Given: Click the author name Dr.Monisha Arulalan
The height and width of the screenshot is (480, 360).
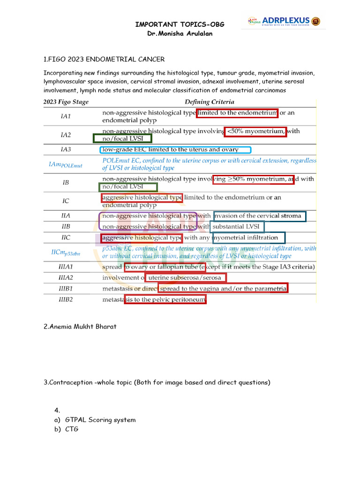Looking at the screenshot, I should pyautogui.click(x=177, y=34).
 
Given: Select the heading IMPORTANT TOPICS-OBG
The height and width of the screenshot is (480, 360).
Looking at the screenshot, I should pyautogui.click(x=177, y=24).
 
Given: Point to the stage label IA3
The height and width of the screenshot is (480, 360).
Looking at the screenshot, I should pyautogui.click(x=66, y=150).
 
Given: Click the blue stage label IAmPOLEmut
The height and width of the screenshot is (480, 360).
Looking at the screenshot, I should pyautogui.click(x=65, y=164).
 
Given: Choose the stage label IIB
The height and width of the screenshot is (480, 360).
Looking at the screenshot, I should pyautogui.click(x=66, y=226).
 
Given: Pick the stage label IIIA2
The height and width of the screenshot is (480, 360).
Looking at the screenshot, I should pyautogui.click(x=66, y=277).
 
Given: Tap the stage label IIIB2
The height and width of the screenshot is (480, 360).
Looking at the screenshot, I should pyautogui.click(x=66, y=299).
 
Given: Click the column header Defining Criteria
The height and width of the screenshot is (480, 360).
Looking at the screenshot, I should pyautogui.click(x=209, y=102).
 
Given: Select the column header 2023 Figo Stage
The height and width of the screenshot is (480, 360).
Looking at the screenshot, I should pyautogui.click(x=66, y=102).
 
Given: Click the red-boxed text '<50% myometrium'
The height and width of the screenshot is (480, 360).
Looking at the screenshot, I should pyautogui.click(x=255, y=132).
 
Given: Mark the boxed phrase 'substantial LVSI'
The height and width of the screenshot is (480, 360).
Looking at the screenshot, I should pyautogui.click(x=237, y=227).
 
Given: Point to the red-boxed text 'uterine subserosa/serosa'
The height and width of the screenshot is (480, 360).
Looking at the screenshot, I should pyautogui.click(x=186, y=277).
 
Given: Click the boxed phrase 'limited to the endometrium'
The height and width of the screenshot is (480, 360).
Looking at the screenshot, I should pyautogui.click(x=237, y=113).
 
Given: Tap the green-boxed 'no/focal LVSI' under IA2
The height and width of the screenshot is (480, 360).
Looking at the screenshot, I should pyautogui.click(x=122, y=139).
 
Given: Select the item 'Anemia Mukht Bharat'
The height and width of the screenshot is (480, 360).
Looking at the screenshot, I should pyautogui.click(x=80, y=327).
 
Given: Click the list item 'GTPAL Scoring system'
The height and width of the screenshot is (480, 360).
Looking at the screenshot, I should pyautogui.click(x=100, y=420).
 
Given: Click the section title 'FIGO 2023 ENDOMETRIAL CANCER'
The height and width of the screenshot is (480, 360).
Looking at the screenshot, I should pyautogui.click(x=104, y=60).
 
